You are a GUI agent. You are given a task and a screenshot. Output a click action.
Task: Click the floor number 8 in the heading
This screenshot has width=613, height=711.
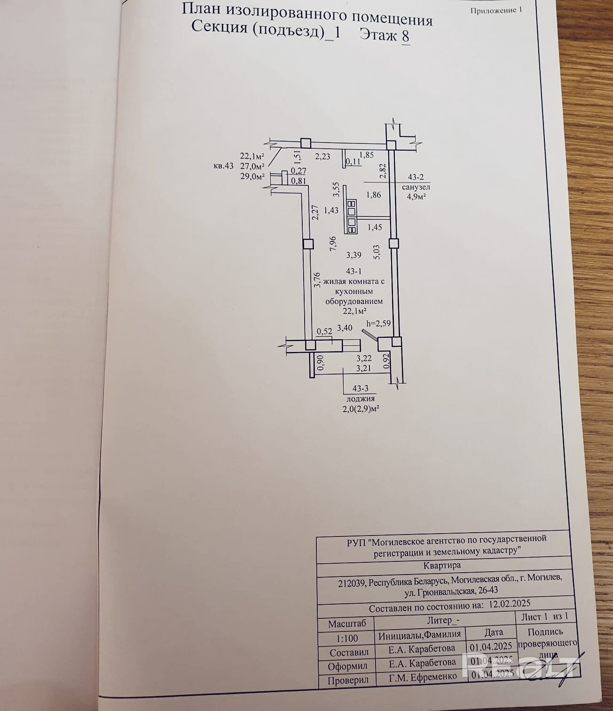pos(405,36)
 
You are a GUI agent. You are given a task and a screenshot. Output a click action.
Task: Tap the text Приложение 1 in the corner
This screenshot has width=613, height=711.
pos(496,10)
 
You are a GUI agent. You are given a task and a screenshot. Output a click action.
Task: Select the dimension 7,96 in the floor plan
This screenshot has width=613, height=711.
pos(333,245)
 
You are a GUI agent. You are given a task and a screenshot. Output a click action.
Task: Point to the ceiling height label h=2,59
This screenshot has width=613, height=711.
pos(378,323)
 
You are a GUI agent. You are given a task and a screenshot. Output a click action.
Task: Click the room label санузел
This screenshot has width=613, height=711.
pos(416,187)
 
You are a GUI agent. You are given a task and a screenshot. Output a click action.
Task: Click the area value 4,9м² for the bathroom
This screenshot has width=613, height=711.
pos(416,197)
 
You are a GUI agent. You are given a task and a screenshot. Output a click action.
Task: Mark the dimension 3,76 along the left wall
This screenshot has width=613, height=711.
pos(317,280)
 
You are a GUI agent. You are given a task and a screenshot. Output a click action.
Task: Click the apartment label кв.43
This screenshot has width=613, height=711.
pos(223,166)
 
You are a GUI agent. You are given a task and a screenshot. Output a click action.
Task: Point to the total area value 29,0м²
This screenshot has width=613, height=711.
pos(253,176)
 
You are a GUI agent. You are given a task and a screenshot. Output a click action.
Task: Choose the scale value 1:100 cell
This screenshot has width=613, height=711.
pos(347,638)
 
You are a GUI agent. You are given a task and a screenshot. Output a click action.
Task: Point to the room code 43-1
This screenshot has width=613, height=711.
pos(354,272)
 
